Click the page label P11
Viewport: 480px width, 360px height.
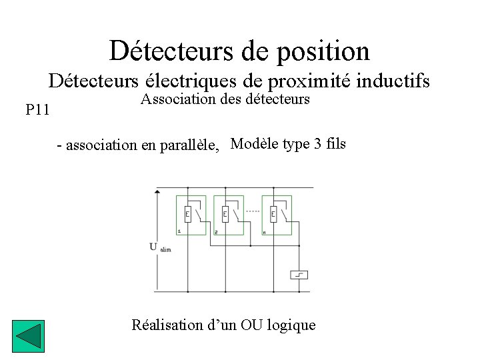pyautogui.click(x=37, y=109)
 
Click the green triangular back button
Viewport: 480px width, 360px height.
pyautogui.click(x=28, y=337)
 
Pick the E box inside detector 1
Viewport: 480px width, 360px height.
pyautogui.click(x=187, y=214)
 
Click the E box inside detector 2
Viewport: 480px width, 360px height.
pyautogui.click(x=225, y=214)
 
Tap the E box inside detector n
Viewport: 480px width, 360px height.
pyautogui.click(x=273, y=214)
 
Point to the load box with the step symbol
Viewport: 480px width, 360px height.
pyautogui.click(x=299, y=275)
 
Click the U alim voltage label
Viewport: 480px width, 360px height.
pyautogui.click(x=159, y=247)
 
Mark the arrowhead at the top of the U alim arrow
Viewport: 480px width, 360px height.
pyautogui.click(x=157, y=191)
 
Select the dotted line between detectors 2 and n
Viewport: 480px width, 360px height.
pyautogui.click(x=253, y=210)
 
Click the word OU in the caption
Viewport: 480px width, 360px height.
pyautogui.click(x=251, y=325)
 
